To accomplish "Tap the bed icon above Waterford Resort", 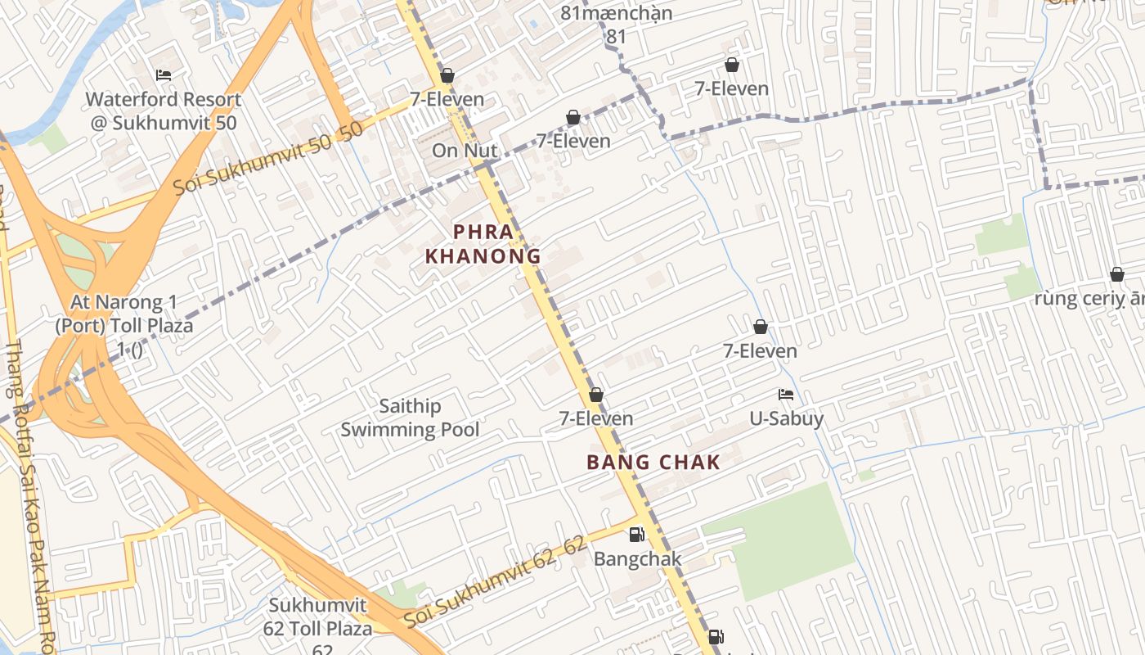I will tap(164, 75).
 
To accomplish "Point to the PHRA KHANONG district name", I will tap(483, 244).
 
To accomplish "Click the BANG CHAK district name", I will tap(653, 463).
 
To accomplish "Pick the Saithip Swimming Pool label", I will tap(410, 418).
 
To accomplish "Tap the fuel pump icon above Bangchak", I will tap(636, 535).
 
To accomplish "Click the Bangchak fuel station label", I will tap(638, 559).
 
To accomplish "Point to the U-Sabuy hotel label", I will tap(787, 419).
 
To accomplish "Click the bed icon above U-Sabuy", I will tap(786, 395).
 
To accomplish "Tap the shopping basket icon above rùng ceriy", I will tap(1116, 274).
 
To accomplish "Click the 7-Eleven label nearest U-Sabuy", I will tap(760, 351).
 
